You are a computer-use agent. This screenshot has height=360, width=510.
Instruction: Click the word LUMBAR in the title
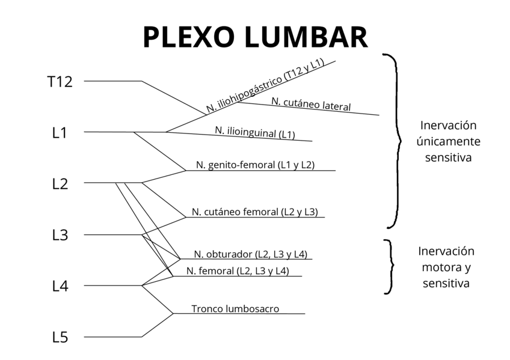coord(306,37)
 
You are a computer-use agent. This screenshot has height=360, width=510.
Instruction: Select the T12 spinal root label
coord(60,82)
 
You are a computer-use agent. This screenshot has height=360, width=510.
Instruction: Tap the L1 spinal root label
coord(60,133)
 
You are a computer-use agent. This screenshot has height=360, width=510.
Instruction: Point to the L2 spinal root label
coord(60,184)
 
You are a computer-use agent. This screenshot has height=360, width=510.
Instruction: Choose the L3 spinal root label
coord(60,236)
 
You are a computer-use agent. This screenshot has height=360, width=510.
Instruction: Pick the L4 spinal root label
coord(60,287)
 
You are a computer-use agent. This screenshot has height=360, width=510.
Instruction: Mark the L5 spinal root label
coord(60,338)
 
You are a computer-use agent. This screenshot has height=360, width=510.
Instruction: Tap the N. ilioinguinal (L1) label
coord(255,132)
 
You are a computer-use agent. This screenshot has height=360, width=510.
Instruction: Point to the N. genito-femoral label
coord(255,165)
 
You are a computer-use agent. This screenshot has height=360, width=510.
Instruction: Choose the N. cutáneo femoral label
coord(254,212)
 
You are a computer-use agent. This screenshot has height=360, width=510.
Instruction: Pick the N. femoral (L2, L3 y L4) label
coord(238,271)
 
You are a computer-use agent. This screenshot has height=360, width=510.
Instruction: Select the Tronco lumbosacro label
coord(235,309)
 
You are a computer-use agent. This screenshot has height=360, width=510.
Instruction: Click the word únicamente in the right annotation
coord(448,141)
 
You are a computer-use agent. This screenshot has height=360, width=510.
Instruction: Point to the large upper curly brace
coord(394,141)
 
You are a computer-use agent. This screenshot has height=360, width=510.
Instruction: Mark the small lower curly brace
coord(390,267)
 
